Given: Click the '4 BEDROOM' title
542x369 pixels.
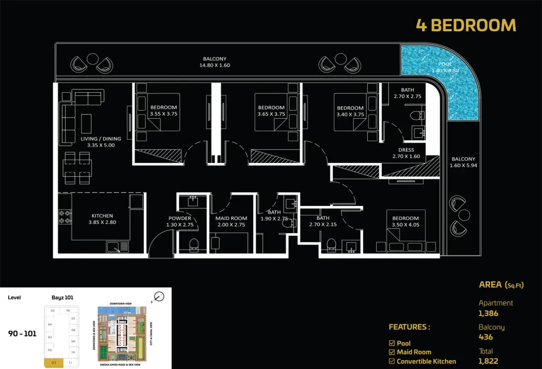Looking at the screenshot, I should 466,25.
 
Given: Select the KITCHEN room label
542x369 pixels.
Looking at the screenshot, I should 102,216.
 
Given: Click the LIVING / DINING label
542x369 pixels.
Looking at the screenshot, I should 101,139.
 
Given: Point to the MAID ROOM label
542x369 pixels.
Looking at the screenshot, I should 231,218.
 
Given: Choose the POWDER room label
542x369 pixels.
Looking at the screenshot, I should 180,218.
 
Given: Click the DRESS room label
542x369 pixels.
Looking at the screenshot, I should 406,150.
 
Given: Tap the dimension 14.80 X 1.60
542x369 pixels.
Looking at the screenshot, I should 215,65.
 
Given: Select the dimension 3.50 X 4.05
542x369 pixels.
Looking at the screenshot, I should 405,225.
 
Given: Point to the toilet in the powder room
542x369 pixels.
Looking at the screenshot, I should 193,245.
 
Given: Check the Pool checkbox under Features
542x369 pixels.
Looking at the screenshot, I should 392,343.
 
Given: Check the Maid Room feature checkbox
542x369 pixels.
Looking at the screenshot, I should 392,352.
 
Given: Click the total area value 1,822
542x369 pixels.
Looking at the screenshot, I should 488,361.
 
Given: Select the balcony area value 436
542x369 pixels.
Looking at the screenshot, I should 486,337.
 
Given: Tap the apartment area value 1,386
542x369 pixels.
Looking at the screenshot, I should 488,313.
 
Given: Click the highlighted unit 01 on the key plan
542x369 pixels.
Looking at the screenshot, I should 53,363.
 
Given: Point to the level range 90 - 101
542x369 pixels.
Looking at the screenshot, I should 22,334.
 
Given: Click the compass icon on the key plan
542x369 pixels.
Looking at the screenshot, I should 159,297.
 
